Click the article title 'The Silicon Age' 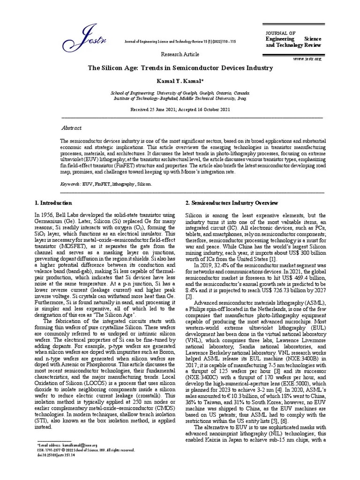click(180, 68)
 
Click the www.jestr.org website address click(307, 59)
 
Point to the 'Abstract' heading click(72, 128)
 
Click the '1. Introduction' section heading click(53, 203)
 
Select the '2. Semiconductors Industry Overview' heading click(232, 203)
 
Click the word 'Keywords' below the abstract click(69, 185)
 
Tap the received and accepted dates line click(180, 109)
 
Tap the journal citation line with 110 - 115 click(180, 42)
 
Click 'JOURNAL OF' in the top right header click(280, 33)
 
